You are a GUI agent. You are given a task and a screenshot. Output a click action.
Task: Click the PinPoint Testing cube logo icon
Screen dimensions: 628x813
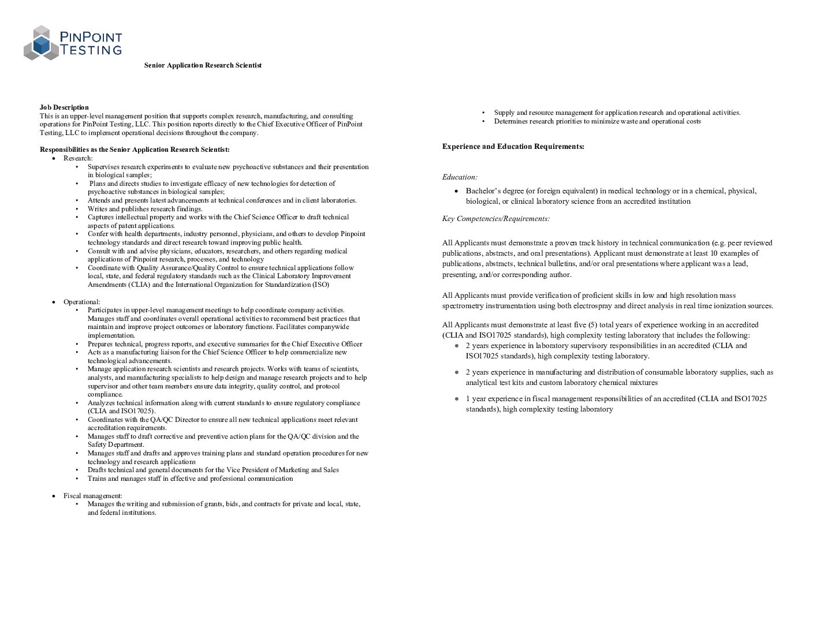[x=41, y=43]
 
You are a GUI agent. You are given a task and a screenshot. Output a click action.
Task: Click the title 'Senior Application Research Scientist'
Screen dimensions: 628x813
[x=203, y=65]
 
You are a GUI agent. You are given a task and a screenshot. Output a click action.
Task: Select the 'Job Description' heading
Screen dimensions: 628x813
[x=64, y=107]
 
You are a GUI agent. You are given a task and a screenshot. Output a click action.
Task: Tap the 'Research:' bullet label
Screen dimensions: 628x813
[x=78, y=158]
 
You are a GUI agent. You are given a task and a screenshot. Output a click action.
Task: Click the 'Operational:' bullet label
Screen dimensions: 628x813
[x=81, y=302]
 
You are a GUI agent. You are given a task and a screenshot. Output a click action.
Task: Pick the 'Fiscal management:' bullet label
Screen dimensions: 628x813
[x=92, y=496]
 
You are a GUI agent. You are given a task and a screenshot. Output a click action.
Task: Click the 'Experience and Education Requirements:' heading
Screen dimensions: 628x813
[x=513, y=147]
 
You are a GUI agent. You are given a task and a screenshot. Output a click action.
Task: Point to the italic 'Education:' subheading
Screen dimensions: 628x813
[x=460, y=177]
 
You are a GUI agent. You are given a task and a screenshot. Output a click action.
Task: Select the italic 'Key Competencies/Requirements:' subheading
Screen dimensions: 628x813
[x=496, y=219]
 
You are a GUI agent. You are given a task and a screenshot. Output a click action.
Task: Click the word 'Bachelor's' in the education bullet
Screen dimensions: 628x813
[x=483, y=191]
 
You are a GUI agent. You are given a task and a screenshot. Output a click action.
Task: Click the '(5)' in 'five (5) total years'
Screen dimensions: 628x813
[x=592, y=325]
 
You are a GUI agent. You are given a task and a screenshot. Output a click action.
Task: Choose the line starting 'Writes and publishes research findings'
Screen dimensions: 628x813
[x=145, y=209]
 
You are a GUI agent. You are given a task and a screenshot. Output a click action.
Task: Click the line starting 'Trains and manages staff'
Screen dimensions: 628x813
[x=190, y=479]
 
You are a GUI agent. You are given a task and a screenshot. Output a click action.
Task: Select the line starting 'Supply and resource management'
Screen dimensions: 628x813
[x=617, y=113]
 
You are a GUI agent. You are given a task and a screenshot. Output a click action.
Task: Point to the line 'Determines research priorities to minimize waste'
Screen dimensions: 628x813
[x=597, y=121]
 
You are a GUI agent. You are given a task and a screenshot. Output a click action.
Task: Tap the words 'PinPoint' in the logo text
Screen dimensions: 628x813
[x=91, y=38]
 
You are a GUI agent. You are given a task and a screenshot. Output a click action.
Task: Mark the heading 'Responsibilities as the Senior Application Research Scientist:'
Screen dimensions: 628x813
[x=135, y=149]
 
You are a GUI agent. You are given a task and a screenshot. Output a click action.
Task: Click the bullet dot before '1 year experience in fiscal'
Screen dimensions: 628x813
[x=457, y=399]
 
